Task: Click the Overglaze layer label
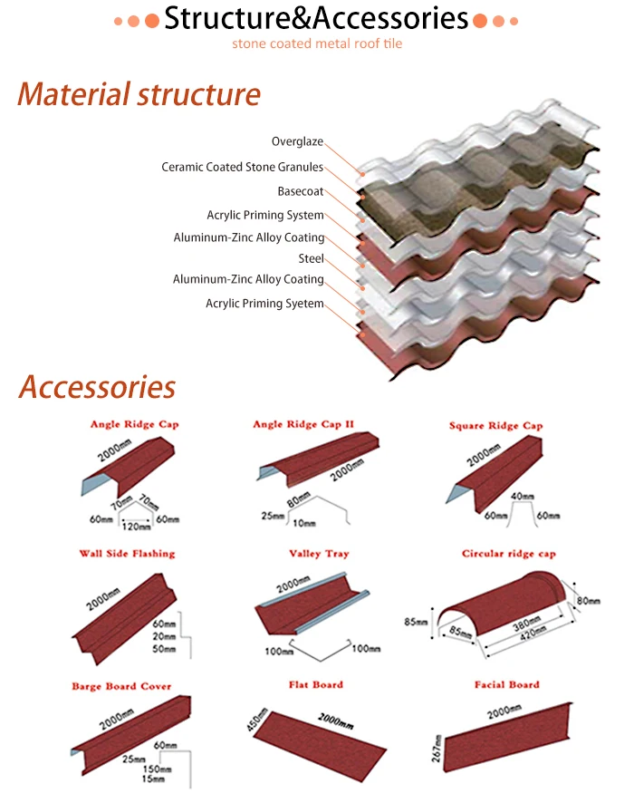pos(297,141)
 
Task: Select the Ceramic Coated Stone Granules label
pos(242,167)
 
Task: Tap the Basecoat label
pos(300,191)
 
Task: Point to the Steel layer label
pos(311,258)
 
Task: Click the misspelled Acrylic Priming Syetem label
pos(264,304)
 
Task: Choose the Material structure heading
pos(139,93)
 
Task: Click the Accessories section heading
pos(97,387)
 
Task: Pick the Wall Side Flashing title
pos(127,553)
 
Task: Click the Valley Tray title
pos(319,553)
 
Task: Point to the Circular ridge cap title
pos(508,553)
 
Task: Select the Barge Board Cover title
pos(121,686)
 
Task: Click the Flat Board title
pos(316,684)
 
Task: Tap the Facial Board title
pos(507,684)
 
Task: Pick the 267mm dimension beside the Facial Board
pos(438,749)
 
